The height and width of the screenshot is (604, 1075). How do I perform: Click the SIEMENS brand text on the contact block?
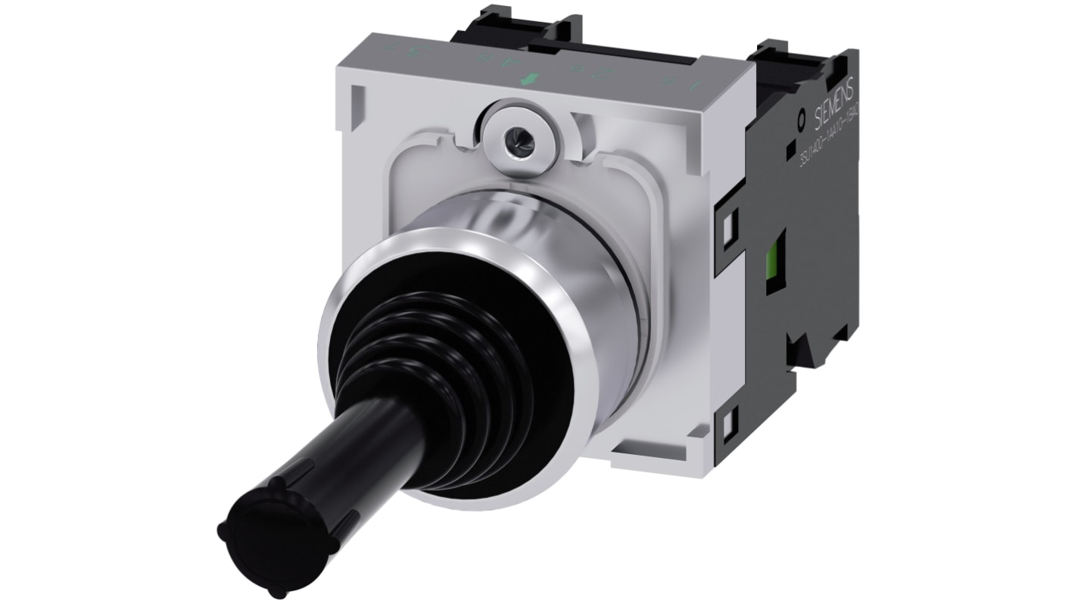pos(836,102)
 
